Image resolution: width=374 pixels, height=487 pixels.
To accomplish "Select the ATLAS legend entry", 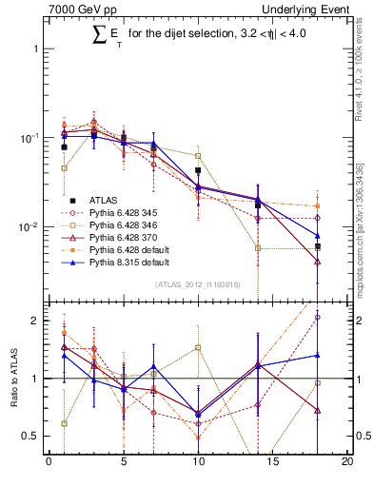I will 104,200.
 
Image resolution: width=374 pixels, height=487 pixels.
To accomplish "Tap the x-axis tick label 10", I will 198,463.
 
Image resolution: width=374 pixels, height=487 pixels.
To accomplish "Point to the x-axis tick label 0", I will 49,463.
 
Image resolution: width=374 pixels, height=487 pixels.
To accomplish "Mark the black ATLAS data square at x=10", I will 198,170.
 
